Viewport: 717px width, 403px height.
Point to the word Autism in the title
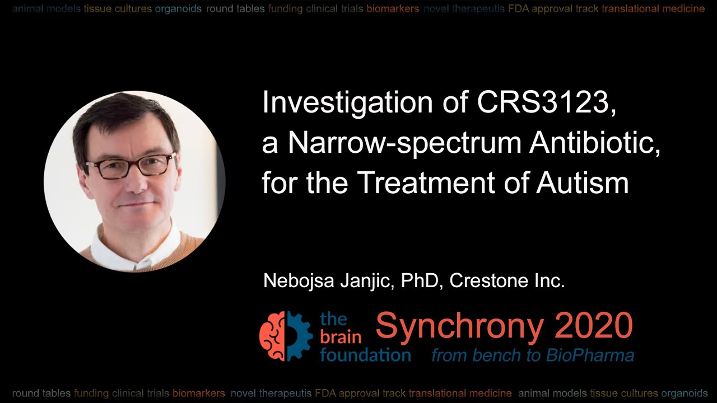(x=583, y=183)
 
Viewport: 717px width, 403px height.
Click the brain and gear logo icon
(x=286, y=336)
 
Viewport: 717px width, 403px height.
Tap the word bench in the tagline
(x=493, y=355)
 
